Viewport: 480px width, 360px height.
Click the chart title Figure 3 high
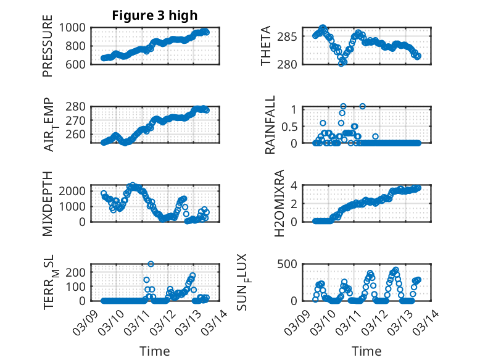point(154,15)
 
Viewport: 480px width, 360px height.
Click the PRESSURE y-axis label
point(48,46)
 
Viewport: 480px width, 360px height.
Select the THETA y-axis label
point(266,46)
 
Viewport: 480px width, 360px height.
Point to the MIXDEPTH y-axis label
point(48,203)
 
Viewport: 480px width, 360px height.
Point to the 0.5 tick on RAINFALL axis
point(290,126)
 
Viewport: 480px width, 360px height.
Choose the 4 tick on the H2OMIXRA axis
point(295,185)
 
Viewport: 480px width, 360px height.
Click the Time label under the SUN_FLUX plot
point(366,351)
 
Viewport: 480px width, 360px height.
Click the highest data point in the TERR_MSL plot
point(151,264)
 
